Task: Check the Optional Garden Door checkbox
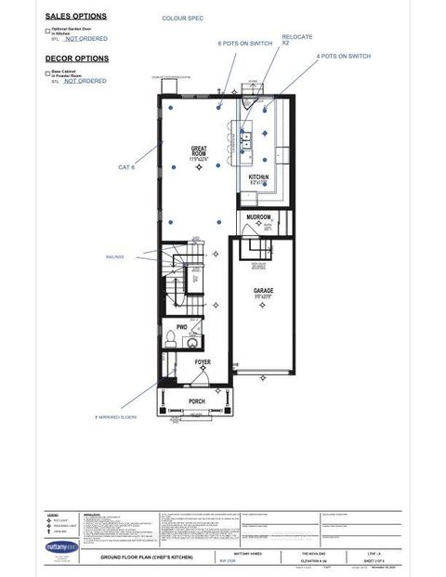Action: tap(48, 31)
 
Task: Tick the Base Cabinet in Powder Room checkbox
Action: tap(48, 72)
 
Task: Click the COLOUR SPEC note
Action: tap(181, 18)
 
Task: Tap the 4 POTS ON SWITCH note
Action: tap(344, 57)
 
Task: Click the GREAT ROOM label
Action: tap(198, 151)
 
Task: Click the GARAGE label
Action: tap(264, 291)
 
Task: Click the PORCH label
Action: tap(197, 401)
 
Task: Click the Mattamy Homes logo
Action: tap(61, 547)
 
